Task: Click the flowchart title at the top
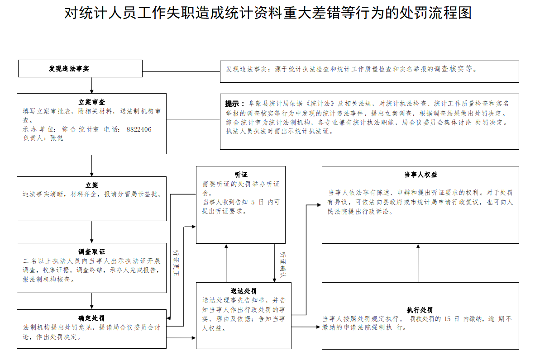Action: pos(267,13)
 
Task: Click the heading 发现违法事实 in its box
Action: pos(69,69)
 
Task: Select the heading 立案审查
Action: pos(91,102)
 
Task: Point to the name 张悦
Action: pos(56,138)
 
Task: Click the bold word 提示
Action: pos(234,104)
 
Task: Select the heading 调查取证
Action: pos(91,252)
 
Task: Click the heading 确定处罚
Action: pos(91,318)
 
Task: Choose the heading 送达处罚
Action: pos(244,291)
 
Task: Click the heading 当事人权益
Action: pos(420,175)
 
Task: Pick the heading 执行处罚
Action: pos(420,310)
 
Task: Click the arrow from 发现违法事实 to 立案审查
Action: pos(92,85)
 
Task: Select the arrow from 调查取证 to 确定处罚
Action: pos(92,301)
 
